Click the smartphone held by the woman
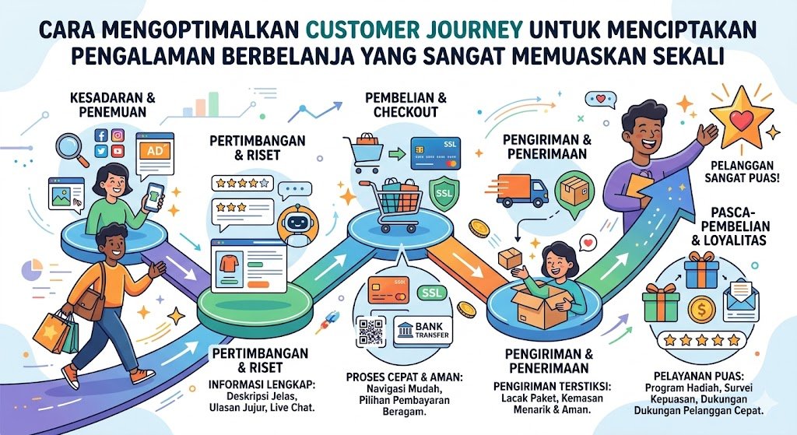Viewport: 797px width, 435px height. coord(155,197)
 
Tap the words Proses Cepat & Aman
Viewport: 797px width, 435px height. coord(404,377)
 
